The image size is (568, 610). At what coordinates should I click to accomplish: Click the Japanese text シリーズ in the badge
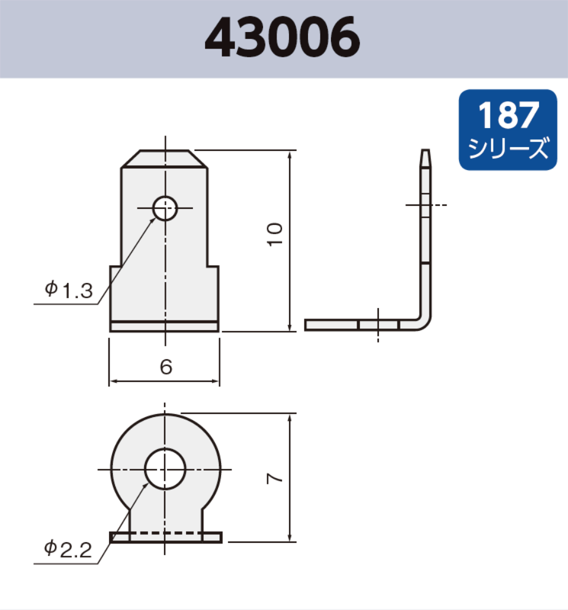click(x=508, y=148)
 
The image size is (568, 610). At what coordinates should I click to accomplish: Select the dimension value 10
click(x=275, y=234)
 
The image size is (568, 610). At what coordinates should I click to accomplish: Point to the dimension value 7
click(x=276, y=478)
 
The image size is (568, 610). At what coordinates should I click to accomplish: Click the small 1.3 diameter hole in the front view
click(x=165, y=209)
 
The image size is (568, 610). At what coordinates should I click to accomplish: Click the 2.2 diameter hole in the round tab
click(x=165, y=469)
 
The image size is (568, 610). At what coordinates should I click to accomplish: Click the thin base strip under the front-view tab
click(x=164, y=327)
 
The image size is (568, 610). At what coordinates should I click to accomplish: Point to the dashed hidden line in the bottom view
click(x=165, y=532)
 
